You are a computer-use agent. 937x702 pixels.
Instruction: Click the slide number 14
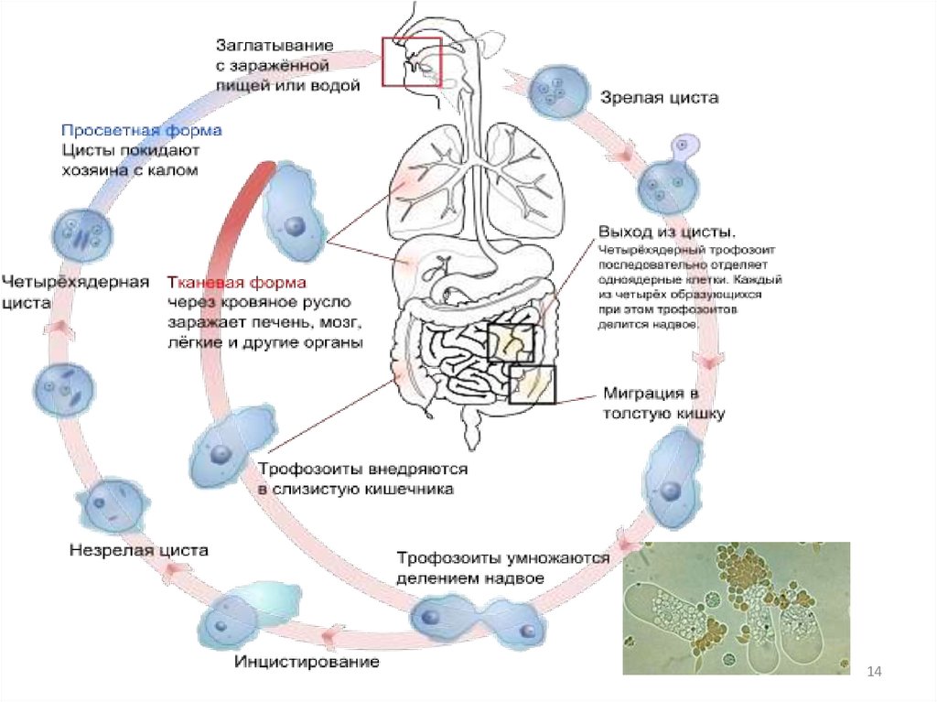pyautogui.click(x=874, y=673)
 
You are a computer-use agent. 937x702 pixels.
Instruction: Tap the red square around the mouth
pyautogui.click(x=412, y=62)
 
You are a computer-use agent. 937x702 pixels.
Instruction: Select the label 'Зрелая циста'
pyautogui.click(x=646, y=97)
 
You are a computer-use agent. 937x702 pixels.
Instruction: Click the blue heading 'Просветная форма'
pyautogui.click(x=142, y=131)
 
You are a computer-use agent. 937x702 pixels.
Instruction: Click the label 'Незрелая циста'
pyautogui.click(x=139, y=550)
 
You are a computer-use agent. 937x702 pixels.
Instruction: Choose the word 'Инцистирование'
pyautogui.click(x=307, y=662)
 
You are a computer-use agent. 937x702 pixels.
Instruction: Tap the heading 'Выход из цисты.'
pyautogui.click(x=665, y=229)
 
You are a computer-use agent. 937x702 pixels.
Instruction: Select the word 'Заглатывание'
pyautogui.click(x=275, y=44)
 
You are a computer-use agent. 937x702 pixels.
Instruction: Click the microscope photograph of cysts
pyautogui.click(x=736, y=608)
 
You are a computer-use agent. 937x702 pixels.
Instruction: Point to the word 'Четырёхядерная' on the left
pyautogui.click(x=75, y=281)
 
